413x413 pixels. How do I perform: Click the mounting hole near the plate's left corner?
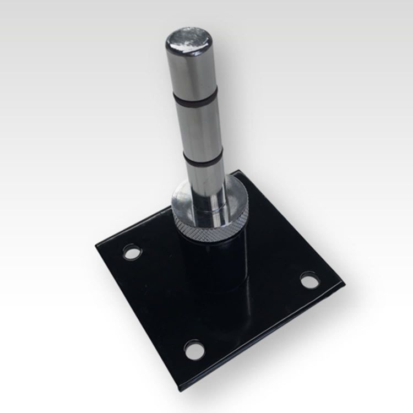tap(131, 253)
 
